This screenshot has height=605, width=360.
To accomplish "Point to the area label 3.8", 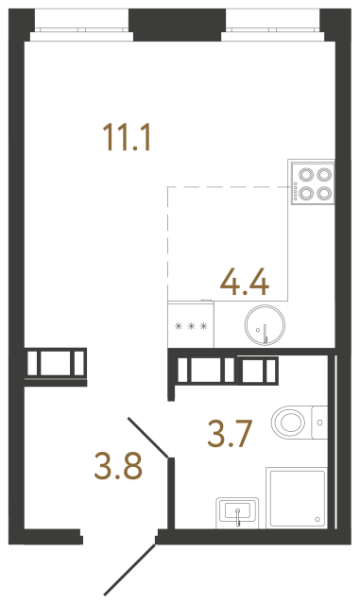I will pyautogui.click(x=118, y=465).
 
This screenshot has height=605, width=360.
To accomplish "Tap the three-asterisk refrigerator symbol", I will pyautogui.click(x=190, y=328).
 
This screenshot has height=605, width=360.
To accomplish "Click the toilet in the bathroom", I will pyautogui.click(x=295, y=419).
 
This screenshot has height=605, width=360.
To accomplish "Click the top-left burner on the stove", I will pyautogui.click(x=305, y=173).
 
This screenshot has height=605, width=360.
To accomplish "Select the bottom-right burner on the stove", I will pyautogui.click(x=323, y=192).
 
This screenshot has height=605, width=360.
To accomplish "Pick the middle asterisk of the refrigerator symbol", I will pyautogui.click(x=190, y=328).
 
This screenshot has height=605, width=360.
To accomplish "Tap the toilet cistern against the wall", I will pyautogui.click(x=319, y=419).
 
